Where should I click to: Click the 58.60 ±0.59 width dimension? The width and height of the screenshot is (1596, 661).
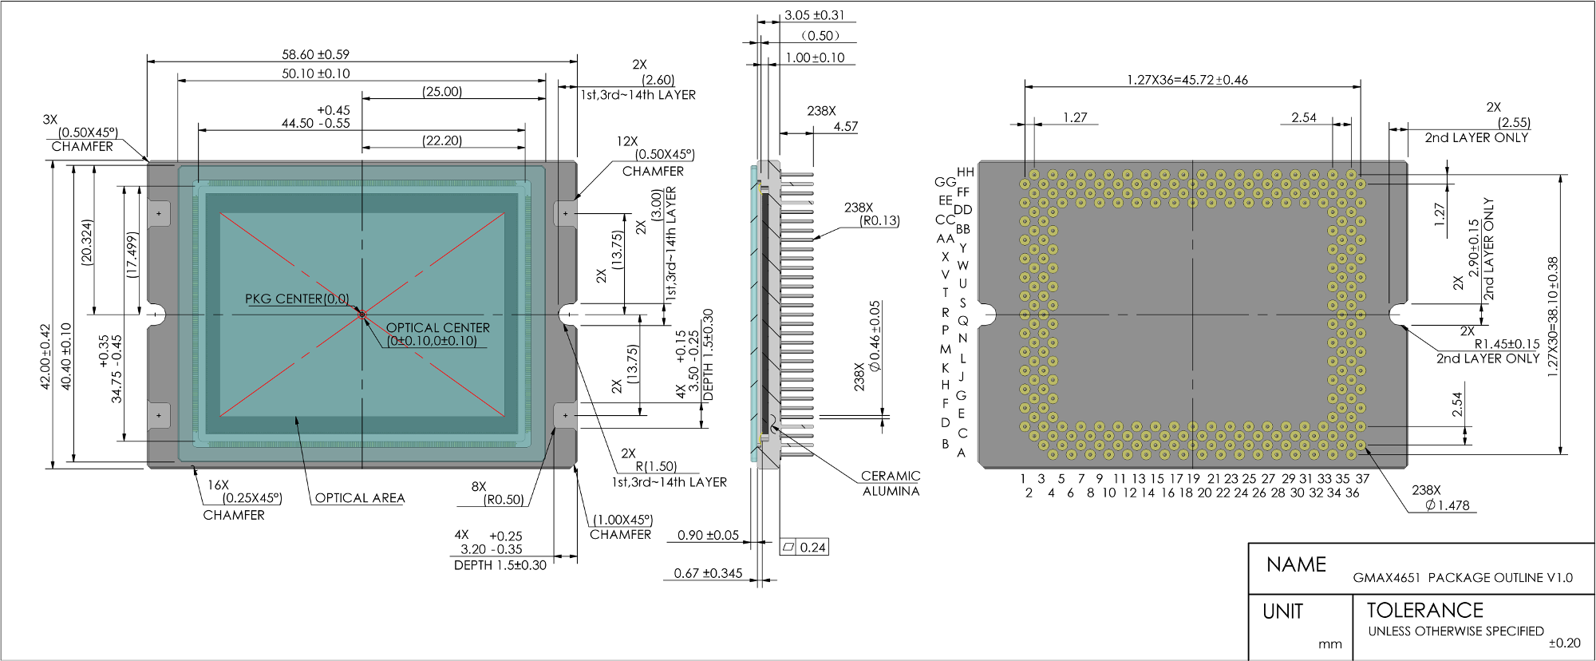[x=315, y=54]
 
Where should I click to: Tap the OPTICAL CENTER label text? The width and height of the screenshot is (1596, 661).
[x=438, y=327]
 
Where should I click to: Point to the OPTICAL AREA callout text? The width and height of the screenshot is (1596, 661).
[x=360, y=497]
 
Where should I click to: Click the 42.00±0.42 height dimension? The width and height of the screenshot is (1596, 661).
[x=45, y=357]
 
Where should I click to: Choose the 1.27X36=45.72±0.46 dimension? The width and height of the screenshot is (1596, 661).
[x=1187, y=80]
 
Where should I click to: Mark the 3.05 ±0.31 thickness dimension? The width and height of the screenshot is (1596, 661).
[x=814, y=15]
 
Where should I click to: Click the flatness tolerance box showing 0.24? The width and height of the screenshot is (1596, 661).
[x=804, y=547]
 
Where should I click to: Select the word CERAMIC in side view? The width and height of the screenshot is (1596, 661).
[x=891, y=476]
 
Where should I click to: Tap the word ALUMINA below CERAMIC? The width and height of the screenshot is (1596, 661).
[x=891, y=491]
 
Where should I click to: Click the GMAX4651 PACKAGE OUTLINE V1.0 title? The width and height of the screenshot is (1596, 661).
[x=1463, y=577]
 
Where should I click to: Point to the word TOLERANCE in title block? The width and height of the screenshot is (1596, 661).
[x=1424, y=610]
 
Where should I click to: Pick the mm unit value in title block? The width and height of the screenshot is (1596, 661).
[x=1330, y=643]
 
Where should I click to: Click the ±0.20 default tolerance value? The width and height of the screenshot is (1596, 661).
[x=1565, y=643]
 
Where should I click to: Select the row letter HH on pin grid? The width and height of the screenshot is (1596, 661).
[x=965, y=172]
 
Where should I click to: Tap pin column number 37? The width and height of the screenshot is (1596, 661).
[x=1362, y=479]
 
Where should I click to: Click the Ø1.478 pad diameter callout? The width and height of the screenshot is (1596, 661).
[x=1448, y=505]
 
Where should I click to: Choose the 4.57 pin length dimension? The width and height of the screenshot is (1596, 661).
[x=846, y=126]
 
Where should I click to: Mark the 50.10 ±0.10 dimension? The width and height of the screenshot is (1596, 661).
[x=316, y=73]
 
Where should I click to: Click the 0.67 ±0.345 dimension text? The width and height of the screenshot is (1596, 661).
[x=708, y=573]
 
